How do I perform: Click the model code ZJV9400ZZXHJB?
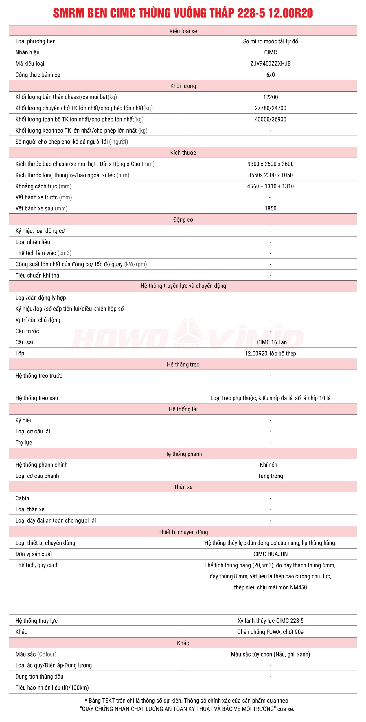coord(270,63)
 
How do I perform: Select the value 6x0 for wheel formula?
coord(270,75)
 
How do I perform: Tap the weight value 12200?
coord(270,97)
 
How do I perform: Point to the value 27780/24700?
coord(270,108)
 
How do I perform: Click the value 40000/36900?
coord(270,119)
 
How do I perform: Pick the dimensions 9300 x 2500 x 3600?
coord(270,164)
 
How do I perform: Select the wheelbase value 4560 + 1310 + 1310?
coord(270,186)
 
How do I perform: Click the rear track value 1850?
coord(270,208)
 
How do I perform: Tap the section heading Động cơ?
coord(183,219)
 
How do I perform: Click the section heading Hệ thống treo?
coord(183,364)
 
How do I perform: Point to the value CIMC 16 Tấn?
coord(271,342)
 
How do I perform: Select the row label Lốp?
coord(20,353)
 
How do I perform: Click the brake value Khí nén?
coord(268,465)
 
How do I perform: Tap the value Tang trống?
coord(270,476)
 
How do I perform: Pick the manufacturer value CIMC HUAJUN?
coord(270,554)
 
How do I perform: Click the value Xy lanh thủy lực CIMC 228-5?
coord(270,620)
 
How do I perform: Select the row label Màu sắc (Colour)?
coord(36,654)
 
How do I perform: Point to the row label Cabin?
coord(22,498)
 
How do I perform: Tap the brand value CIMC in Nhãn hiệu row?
coord(270,52)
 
